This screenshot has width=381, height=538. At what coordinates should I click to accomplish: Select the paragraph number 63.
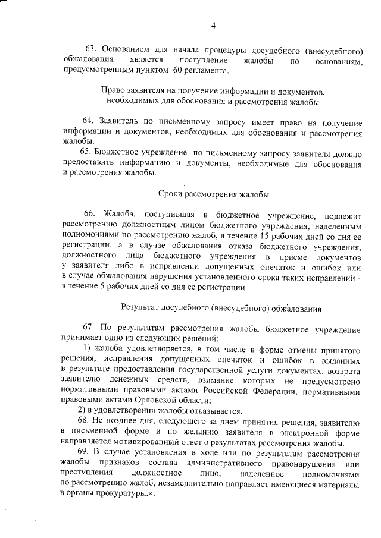[x=91, y=48]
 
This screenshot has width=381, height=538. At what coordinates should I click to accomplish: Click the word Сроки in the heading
[x=171, y=194]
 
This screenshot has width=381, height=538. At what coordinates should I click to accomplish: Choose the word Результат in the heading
[x=140, y=309]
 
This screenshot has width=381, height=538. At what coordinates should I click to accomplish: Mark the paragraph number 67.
[x=89, y=329]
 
